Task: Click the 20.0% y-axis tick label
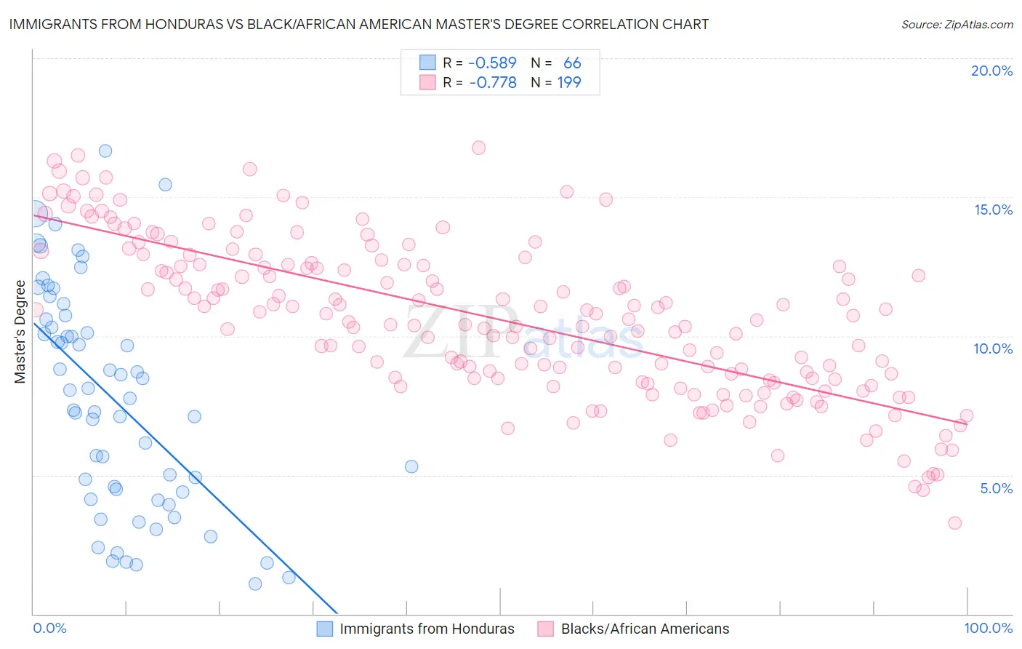click(x=991, y=71)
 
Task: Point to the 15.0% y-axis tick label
click(x=993, y=210)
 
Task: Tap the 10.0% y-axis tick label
click(x=993, y=349)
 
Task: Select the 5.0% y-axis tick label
click(x=996, y=488)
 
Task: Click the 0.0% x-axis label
click(x=49, y=628)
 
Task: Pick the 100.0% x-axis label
click(x=988, y=628)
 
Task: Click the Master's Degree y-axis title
click(x=20, y=331)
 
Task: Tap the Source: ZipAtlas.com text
click(x=957, y=25)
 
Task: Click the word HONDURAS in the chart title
click(x=163, y=24)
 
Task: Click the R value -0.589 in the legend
click(x=492, y=63)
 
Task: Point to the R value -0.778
click(x=492, y=83)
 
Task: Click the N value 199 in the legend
click(x=569, y=83)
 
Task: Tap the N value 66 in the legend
click(x=572, y=63)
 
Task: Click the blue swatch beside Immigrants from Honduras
click(x=325, y=629)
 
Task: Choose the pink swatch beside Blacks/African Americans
click(x=546, y=629)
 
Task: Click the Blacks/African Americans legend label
click(x=645, y=629)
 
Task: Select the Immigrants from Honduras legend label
click(x=427, y=629)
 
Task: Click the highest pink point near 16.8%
click(x=478, y=148)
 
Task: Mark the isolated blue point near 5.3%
click(x=411, y=466)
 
